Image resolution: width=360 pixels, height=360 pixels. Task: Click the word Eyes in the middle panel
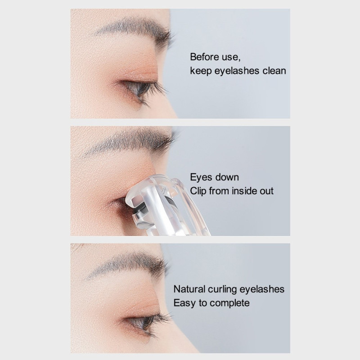tap(200, 177)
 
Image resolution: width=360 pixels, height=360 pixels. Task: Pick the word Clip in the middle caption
tap(199, 191)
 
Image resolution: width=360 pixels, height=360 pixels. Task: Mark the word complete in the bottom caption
tap(227, 303)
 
